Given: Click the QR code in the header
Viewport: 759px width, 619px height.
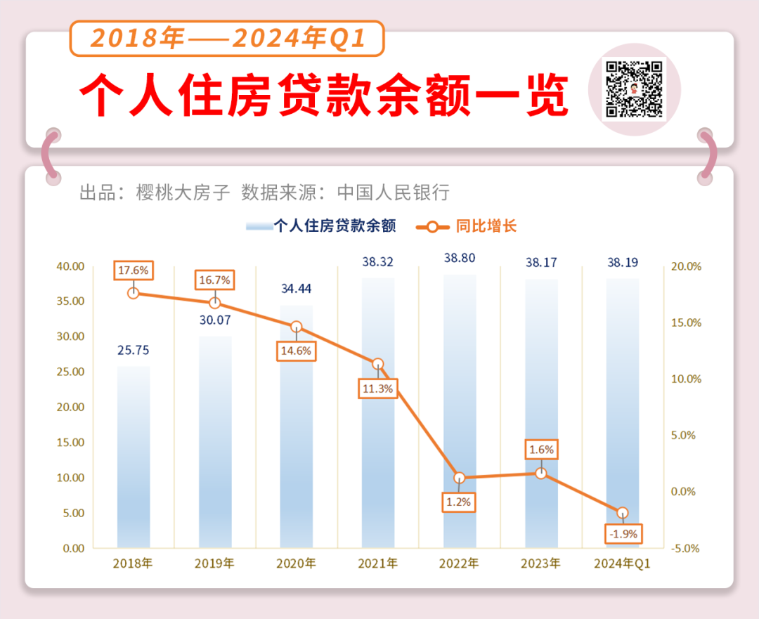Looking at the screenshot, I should (x=635, y=89).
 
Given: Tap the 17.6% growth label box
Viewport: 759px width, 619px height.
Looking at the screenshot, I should (x=134, y=271).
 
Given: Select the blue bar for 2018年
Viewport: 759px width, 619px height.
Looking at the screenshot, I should (x=134, y=457).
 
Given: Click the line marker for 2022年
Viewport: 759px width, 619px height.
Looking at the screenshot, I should (x=460, y=478).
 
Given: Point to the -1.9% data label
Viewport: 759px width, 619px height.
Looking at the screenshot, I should (x=622, y=534).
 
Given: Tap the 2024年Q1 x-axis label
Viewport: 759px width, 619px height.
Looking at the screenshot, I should (x=622, y=563).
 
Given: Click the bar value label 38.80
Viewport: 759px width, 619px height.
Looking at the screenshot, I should (x=460, y=258).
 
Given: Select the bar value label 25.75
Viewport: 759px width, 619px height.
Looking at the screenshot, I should (x=133, y=350).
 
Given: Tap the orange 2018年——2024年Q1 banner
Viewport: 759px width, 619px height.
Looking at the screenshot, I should (x=227, y=38).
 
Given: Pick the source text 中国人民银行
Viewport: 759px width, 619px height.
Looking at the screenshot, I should (x=393, y=193).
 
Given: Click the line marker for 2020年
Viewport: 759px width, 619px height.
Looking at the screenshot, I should (x=297, y=327).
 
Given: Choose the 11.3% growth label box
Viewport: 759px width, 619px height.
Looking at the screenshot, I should (x=378, y=388).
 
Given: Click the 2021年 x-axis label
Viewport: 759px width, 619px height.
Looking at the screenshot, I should (x=377, y=563).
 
